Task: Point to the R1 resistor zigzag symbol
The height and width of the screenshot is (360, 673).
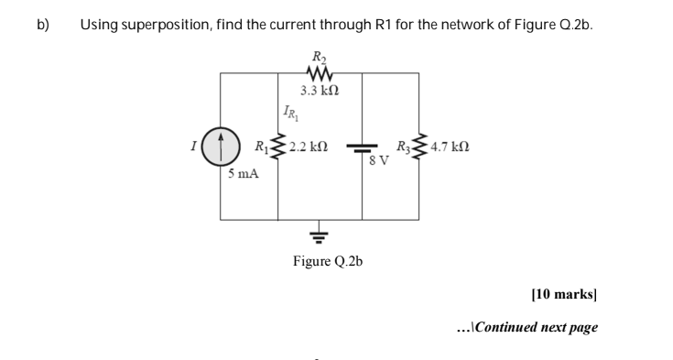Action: coord(278,147)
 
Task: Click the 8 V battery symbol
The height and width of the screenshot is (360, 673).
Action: coord(364,147)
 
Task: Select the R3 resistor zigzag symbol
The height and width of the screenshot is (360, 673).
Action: coord(420,147)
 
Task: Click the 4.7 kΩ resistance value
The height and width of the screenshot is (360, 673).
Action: coord(450,147)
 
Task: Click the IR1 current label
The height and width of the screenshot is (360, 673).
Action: coord(287,113)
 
